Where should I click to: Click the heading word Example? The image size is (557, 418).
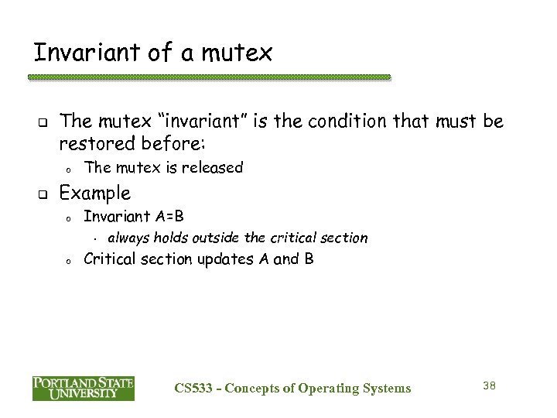pos(95,192)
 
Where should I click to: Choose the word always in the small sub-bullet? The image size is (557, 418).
pos(128,238)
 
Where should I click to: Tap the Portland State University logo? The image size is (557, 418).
pos(84,388)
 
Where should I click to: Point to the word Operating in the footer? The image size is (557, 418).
pos(326,388)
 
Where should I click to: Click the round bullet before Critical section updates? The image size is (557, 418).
pos(68,261)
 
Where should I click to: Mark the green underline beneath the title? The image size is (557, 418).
pos(209,77)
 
